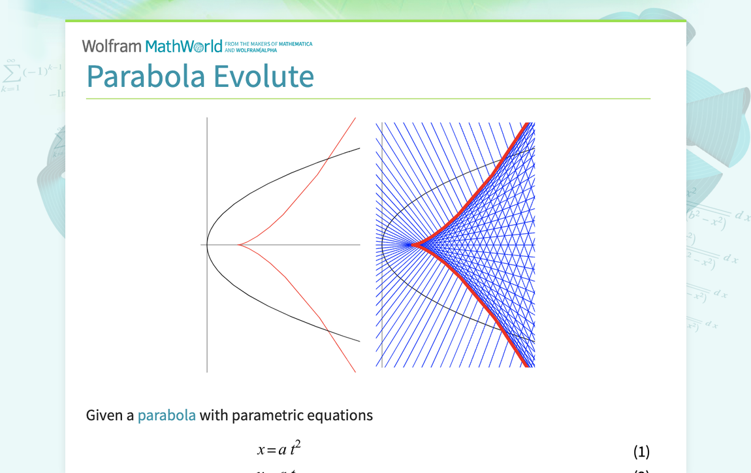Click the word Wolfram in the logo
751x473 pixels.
[111, 46]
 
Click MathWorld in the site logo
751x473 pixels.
[184, 46]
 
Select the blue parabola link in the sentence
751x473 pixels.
[167, 416]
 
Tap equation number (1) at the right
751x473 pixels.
[641, 451]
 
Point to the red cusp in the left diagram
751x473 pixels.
[238, 245]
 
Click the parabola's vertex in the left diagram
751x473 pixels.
[208, 245]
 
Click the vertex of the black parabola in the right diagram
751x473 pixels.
[382, 245]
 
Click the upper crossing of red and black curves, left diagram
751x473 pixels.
[328, 157]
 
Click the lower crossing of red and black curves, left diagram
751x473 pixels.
[328, 332]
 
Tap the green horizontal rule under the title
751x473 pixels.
[368, 99]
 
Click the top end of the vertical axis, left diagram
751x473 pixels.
[208, 118]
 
